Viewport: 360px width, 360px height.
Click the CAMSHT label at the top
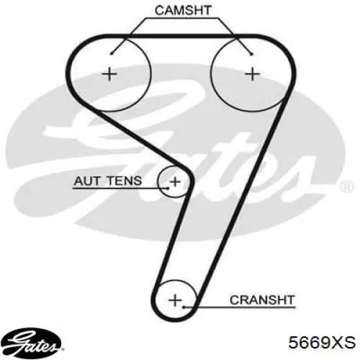tap(183, 10)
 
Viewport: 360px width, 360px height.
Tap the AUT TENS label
tap(108, 181)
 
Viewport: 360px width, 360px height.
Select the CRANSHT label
tap(262, 300)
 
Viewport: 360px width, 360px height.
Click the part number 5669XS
tap(322, 342)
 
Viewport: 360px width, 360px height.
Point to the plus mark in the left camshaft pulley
tap(109, 73)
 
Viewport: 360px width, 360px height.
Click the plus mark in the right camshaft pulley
tap(252, 73)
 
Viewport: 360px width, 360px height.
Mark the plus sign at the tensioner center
tap(175, 181)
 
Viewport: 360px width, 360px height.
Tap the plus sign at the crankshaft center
tap(175, 300)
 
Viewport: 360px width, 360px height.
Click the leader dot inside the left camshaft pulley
tap(111, 54)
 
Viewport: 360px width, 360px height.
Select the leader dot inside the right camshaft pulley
tap(251, 54)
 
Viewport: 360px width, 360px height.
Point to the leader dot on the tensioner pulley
tap(168, 189)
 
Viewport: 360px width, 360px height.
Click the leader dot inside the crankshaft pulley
tap(184, 307)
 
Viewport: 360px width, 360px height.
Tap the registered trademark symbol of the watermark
tap(347, 186)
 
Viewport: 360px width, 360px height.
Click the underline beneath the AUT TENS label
tap(120, 189)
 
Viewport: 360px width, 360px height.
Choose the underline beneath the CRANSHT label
tap(239, 307)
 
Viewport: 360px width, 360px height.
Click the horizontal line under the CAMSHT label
tap(182, 18)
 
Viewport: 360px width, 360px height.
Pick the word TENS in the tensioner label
tap(124, 181)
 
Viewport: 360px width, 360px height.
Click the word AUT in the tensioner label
tap(87, 181)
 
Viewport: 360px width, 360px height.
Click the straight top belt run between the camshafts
tap(181, 36)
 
